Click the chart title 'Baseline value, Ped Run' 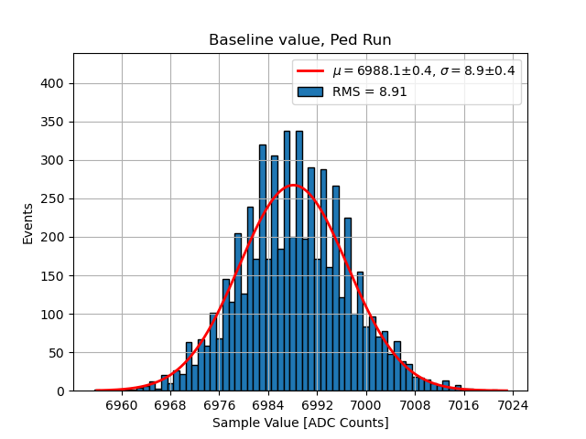click(300, 40)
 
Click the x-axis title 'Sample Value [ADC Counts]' click(300, 423)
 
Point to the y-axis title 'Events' click(28, 223)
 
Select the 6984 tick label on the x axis click(268, 404)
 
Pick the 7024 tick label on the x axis click(513, 404)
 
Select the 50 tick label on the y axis click(57, 353)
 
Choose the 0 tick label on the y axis click(60, 391)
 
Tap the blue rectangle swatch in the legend click(311, 91)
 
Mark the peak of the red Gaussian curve click(293, 186)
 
